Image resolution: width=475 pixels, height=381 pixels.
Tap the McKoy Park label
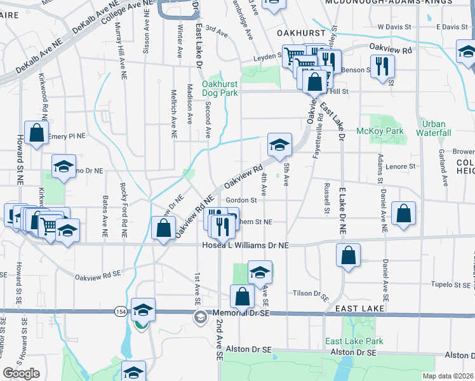tap(389, 131)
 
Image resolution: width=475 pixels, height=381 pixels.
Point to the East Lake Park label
tap(354, 341)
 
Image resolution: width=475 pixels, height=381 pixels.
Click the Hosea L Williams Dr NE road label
tap(245, 245)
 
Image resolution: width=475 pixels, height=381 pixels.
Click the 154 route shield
tap(121, 312)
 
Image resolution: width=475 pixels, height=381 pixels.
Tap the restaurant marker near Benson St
tap(382, 67)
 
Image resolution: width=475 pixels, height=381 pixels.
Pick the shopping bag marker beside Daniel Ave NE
tap(404, 214)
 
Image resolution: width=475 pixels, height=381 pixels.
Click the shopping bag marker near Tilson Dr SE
tap(242, 296)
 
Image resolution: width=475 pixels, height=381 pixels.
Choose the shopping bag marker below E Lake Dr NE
tap(348, 255)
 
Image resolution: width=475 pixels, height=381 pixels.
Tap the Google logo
tap(21, 373)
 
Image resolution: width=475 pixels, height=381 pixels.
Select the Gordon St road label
tap(244, 201)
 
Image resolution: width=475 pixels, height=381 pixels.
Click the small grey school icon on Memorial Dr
tap(200, 317)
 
